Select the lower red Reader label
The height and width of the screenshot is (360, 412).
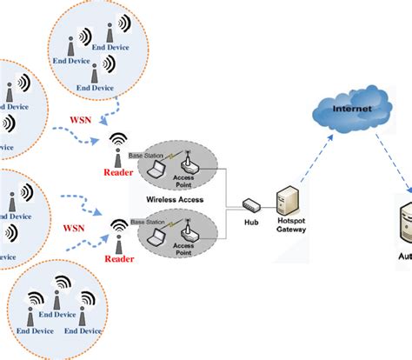click(x=120, y=258)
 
